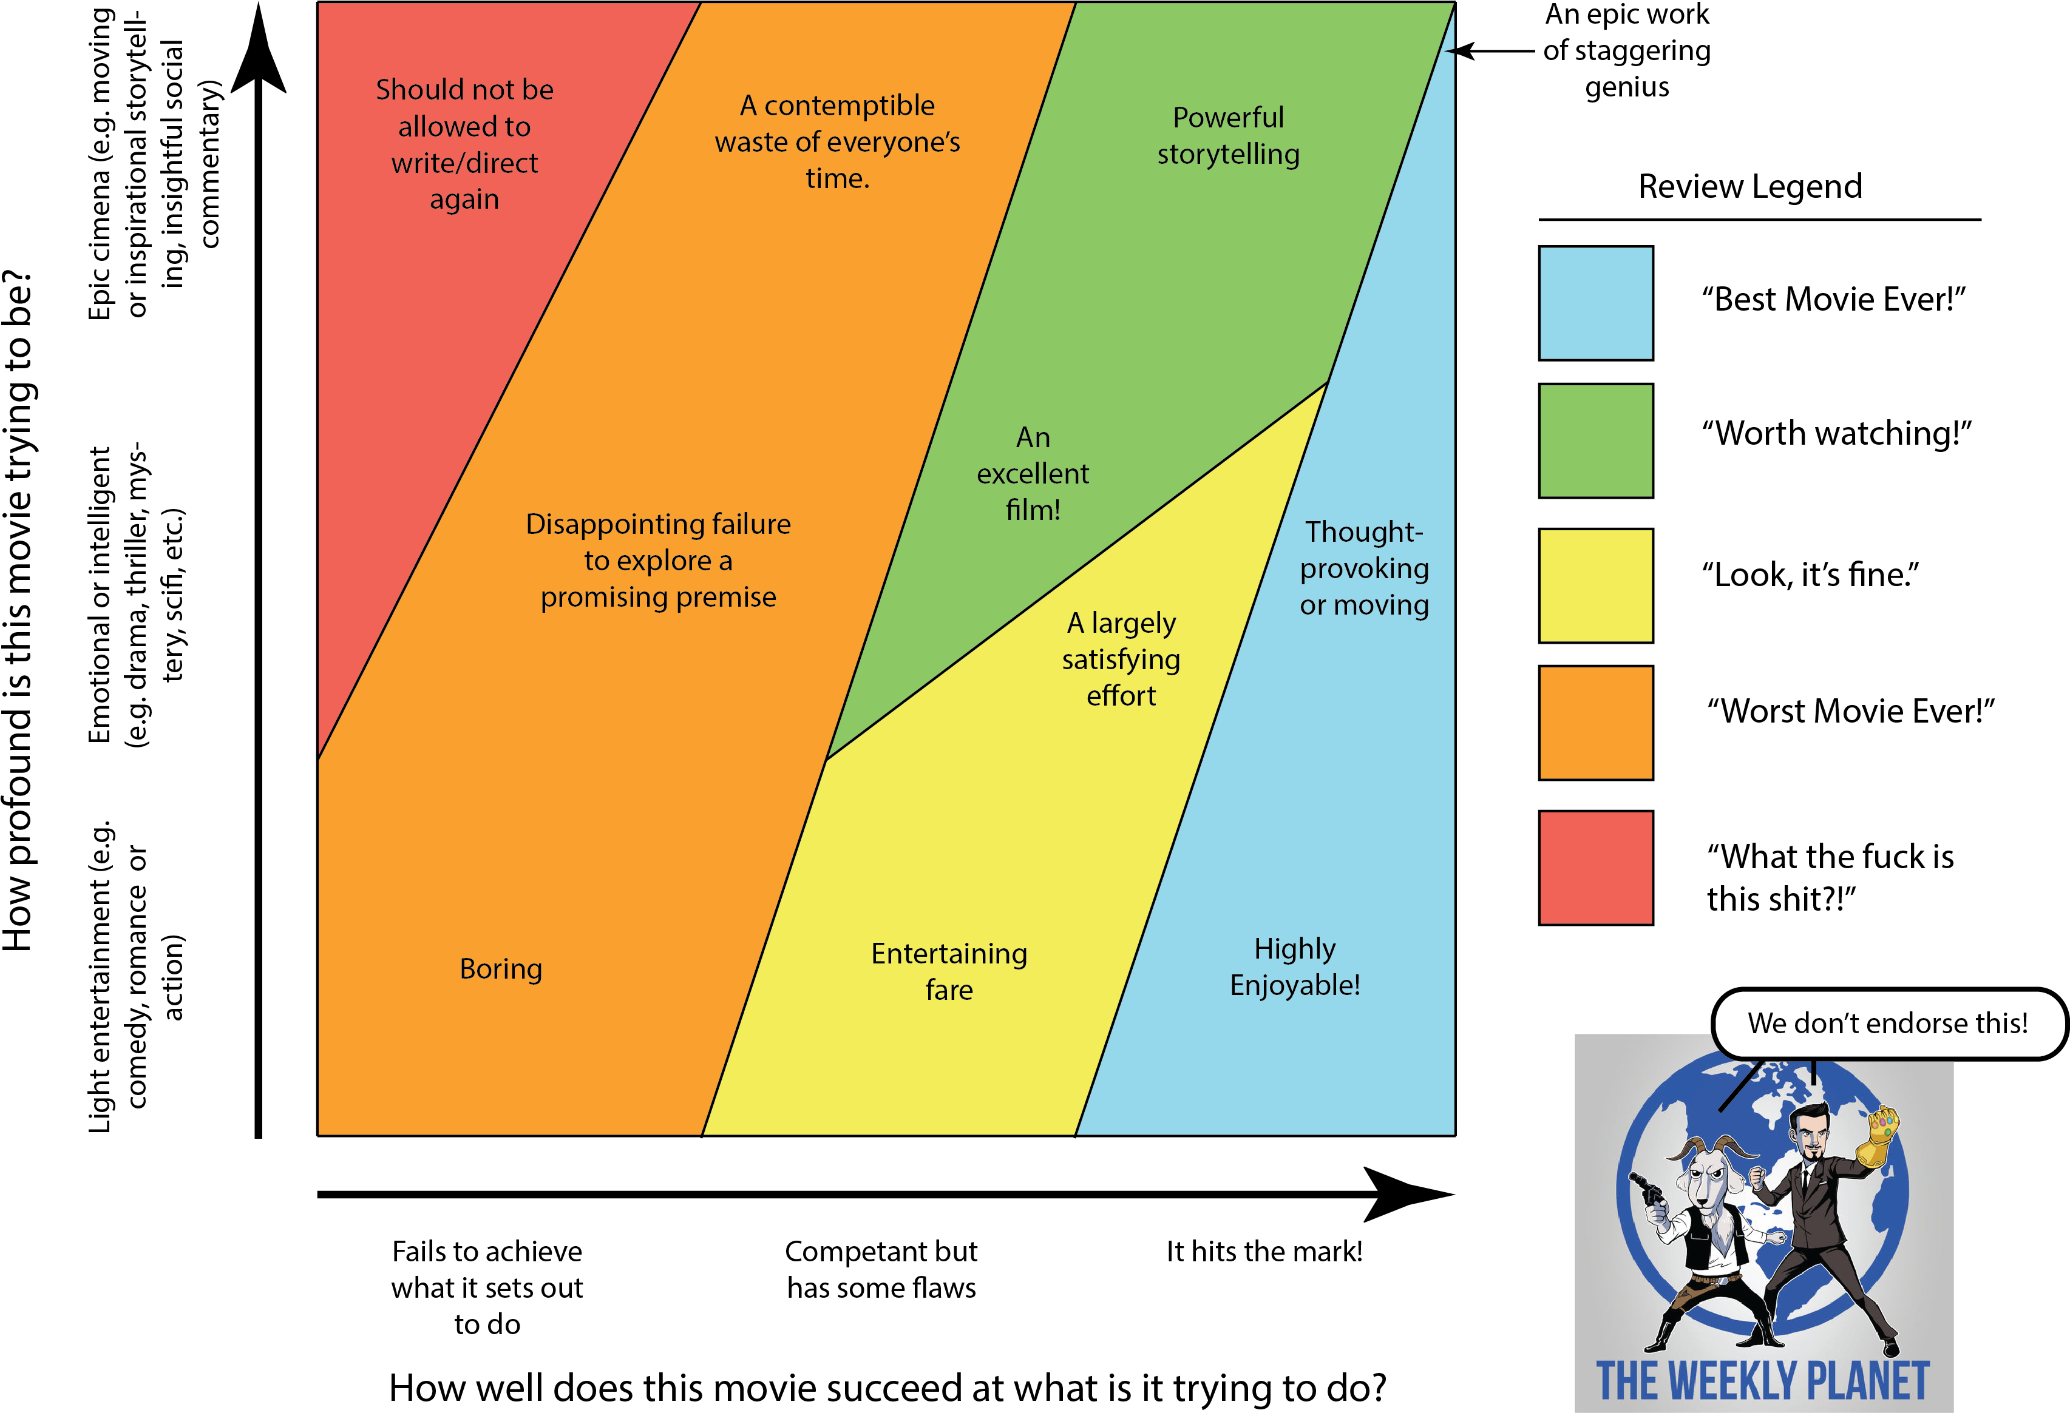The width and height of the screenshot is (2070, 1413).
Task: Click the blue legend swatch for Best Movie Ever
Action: click(x=1595, y=303)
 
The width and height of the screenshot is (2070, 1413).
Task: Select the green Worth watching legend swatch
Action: click(x=1595, y=440)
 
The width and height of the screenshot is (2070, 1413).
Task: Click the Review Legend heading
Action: click(x=1750, y=187)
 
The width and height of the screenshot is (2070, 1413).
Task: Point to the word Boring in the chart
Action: click(x=501, y=969)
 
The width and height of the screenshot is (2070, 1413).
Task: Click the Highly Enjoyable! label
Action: click(x=1295, y=967)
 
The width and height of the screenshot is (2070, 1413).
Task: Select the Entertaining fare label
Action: click(x=949, y=971)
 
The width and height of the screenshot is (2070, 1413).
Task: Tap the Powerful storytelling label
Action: click(x=1228, y=135)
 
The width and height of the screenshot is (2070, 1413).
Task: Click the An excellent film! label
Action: click(x=1033, y=474)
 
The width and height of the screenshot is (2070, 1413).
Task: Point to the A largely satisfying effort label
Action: click(x=1121, y=659)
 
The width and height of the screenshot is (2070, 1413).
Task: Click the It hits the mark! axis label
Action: click(x=1265, y=1251)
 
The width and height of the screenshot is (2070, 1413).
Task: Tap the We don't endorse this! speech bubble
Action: click(x=1888, y=1024)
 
